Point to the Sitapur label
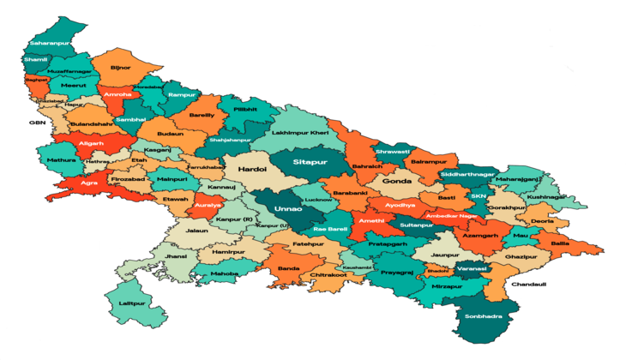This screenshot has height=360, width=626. [310, 160]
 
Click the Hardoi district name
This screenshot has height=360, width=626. [253, 170]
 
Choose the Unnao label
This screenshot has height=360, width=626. [286, 207]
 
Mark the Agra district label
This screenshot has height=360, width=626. [88, 183]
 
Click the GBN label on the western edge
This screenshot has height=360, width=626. [38, 123]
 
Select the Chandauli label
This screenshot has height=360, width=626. [528, 284]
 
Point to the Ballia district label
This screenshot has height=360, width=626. [560, 243]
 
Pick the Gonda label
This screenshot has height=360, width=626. [397, 181]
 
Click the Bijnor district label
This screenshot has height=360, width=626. [121, 66]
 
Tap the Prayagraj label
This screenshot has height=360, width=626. [397, 273]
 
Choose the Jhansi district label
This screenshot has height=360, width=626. [176, 256]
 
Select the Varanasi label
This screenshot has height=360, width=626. [471, 268]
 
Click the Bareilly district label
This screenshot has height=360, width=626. [202, 114]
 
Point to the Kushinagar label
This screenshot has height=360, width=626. [547, 196]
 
